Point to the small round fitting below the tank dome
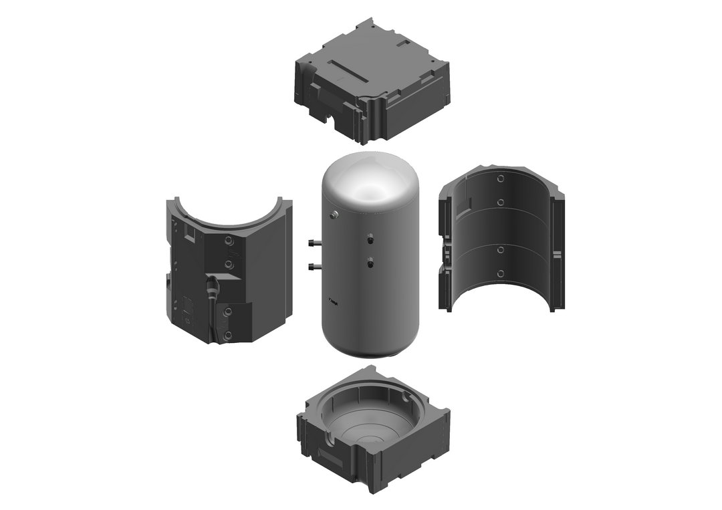point(334,214)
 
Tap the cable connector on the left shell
point(213,287)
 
